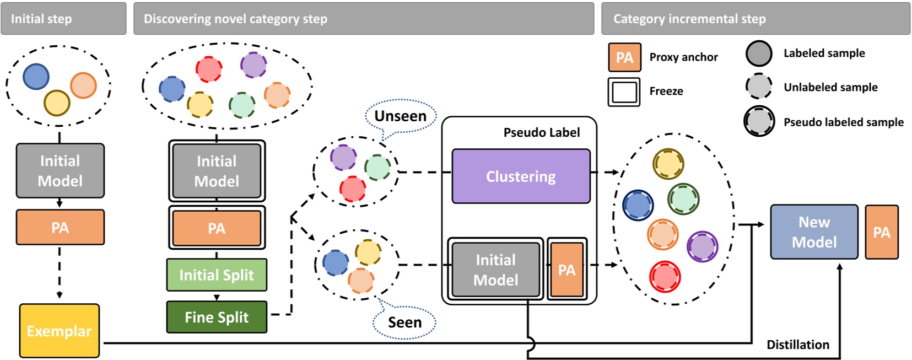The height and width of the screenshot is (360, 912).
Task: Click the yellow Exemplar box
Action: coord(60,331)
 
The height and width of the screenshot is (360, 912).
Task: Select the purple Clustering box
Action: coord(521,176)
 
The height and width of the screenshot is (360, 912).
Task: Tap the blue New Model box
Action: coord(814,232)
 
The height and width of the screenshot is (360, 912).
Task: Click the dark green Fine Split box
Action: coord(217,317)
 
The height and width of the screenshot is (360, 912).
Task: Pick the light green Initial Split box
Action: coord(217,275)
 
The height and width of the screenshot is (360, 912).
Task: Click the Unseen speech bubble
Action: coord(401,116)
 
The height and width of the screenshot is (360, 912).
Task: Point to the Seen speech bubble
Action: coord(404,323)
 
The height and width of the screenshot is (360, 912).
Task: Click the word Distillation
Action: coord(797,345)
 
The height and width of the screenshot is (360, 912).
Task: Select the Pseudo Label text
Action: coord(541,132)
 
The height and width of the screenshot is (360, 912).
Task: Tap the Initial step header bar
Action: coord(63,19)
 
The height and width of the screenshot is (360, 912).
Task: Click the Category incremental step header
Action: coord(755,19)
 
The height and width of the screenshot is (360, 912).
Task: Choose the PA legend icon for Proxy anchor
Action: coord(624,57)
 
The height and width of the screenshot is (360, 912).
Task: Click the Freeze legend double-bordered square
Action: coord(624,92)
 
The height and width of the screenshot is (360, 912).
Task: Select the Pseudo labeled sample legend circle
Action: coord(759,121)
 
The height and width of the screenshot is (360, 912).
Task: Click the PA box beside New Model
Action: coord(881,232)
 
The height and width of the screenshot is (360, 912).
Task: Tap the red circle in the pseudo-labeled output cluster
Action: coord(665,277)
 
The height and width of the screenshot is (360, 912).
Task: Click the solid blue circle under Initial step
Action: coord(36,77)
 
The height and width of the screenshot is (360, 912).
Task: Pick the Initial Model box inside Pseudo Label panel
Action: coord(495,270)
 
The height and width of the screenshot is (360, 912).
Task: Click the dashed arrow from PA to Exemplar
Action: coord(60,273)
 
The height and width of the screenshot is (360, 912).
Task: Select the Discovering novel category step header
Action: coord(364,19)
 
